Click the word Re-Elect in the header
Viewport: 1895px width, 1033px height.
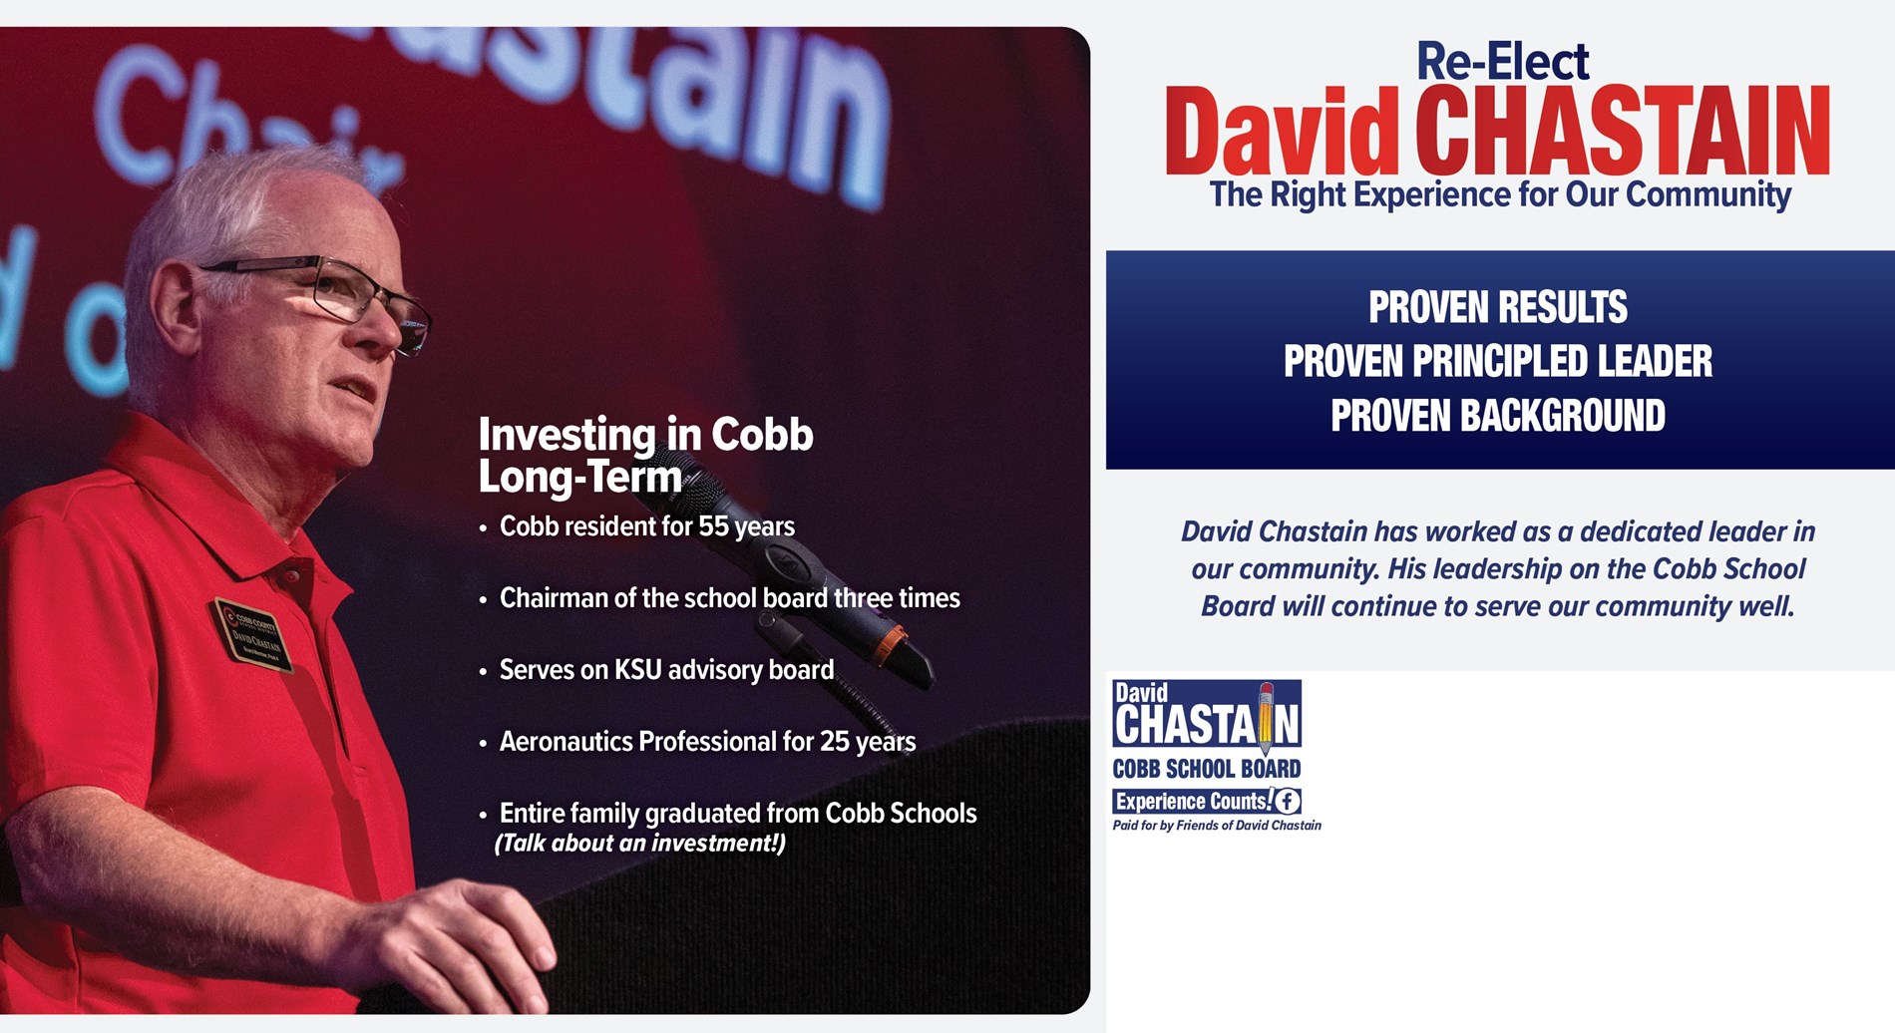[x=1502, y=61]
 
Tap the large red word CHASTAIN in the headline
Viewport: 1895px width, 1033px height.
[x=1623, y=132]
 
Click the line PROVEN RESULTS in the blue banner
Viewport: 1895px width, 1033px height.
[x=1497, y=307]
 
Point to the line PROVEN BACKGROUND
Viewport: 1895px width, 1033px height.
[x=1498, y=416]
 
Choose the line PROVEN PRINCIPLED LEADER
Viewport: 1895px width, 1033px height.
[x=1497, y=361]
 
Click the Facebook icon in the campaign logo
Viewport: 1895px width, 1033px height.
[x=1288, y=801]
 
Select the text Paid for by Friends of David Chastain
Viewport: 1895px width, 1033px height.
[x=1217, y=826]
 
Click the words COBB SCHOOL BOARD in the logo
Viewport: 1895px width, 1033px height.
[x=1207, y=769]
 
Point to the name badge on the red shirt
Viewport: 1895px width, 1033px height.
[x=252, y=635]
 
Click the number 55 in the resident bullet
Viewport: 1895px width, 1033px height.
[x=713, y=526]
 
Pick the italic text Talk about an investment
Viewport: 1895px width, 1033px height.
[x=640, y=844]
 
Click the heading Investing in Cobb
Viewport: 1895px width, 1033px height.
[x=645, y=435]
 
